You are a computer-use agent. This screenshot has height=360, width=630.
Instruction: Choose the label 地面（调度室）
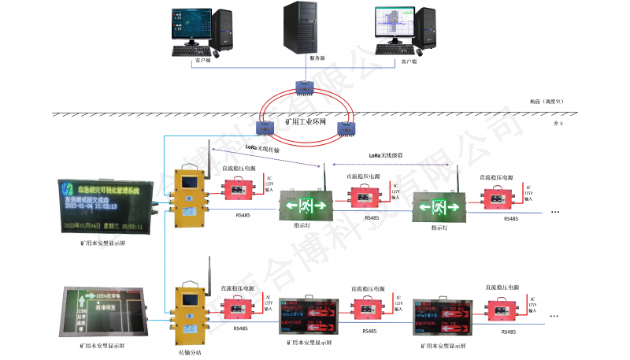tap(547, 102)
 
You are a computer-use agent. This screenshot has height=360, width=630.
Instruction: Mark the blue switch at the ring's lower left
tap(266, 124)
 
